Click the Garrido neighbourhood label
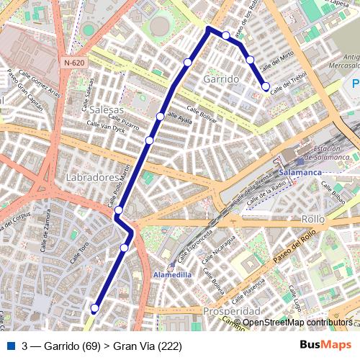pos(221,78)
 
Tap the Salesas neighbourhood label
pos(107,109)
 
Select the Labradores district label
pos(91,176)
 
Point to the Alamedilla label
pos(173,274)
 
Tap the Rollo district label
pos(313,218)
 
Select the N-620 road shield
pos(73,63)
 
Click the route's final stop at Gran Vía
pos(94,308)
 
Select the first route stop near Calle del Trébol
pos(266,86)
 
